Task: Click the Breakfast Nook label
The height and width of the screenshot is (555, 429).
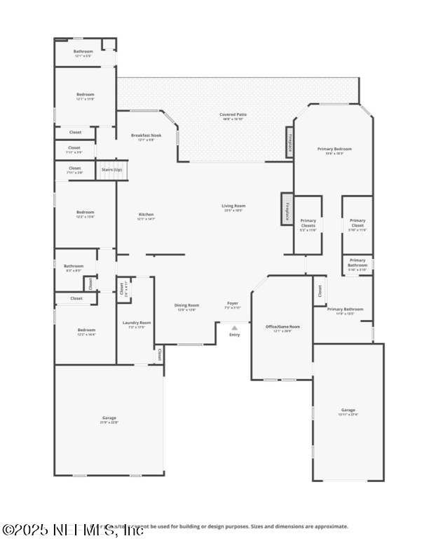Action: tap(146, 137)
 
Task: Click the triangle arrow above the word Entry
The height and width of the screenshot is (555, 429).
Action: tap(234, 327)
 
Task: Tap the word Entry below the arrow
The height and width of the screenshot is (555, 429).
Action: tap(234, 335)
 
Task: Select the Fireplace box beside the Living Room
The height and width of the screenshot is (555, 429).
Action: tap(287, 209)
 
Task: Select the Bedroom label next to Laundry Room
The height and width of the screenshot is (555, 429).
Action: tap(86, 331)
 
